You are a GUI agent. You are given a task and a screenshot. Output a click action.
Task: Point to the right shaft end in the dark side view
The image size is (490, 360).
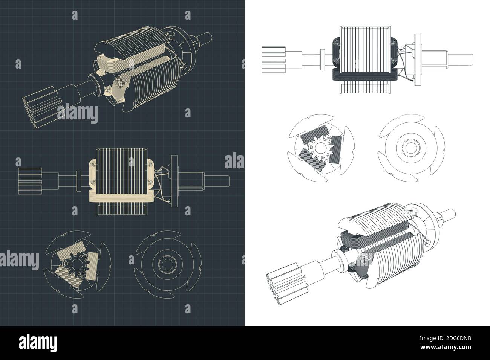[222, 181]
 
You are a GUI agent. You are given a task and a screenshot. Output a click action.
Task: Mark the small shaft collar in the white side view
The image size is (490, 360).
[322, 59]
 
